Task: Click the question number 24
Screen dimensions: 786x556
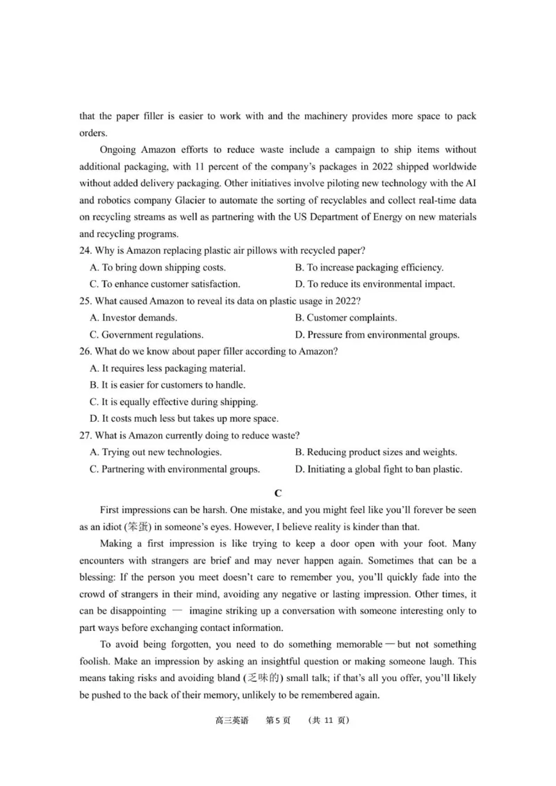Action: click(85, 250)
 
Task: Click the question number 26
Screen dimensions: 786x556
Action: click(85, 351)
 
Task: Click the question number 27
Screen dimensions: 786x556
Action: click(85, 435)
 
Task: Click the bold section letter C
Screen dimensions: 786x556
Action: click(278, 493)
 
